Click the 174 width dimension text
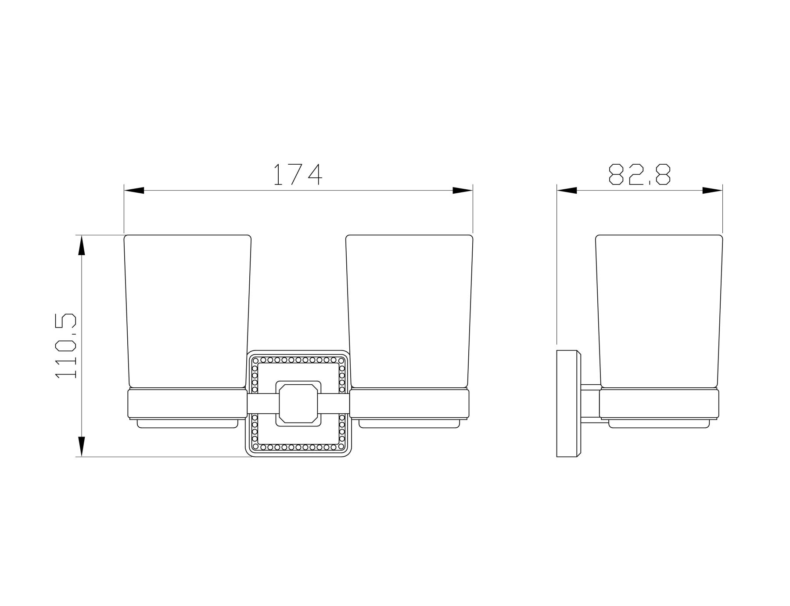pos(298,174)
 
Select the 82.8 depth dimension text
pos(639,174)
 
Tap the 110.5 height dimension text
pos(66,346)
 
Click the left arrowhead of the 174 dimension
pos(134,191)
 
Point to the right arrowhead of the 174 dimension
pos(463,191)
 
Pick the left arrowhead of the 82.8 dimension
pos(567,191)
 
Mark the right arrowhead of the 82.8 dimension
pos(712,191)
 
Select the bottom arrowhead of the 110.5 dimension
pos(81,447)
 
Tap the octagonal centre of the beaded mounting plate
pos(298,404)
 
